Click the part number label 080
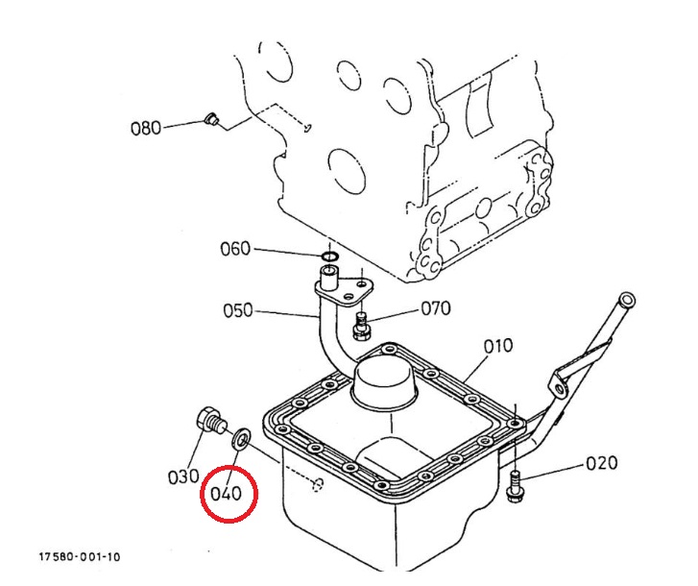coord(146,128)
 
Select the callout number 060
coord(235,249)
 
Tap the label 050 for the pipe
coord(238,310)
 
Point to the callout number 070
coord(436,308)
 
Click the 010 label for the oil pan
coord(498,345)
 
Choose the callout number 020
coord(602,463)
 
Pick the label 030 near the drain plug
coord(182,476)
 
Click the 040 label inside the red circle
coord(227,495)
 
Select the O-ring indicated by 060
coord(328,256)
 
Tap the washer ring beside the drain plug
coord(241,440)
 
